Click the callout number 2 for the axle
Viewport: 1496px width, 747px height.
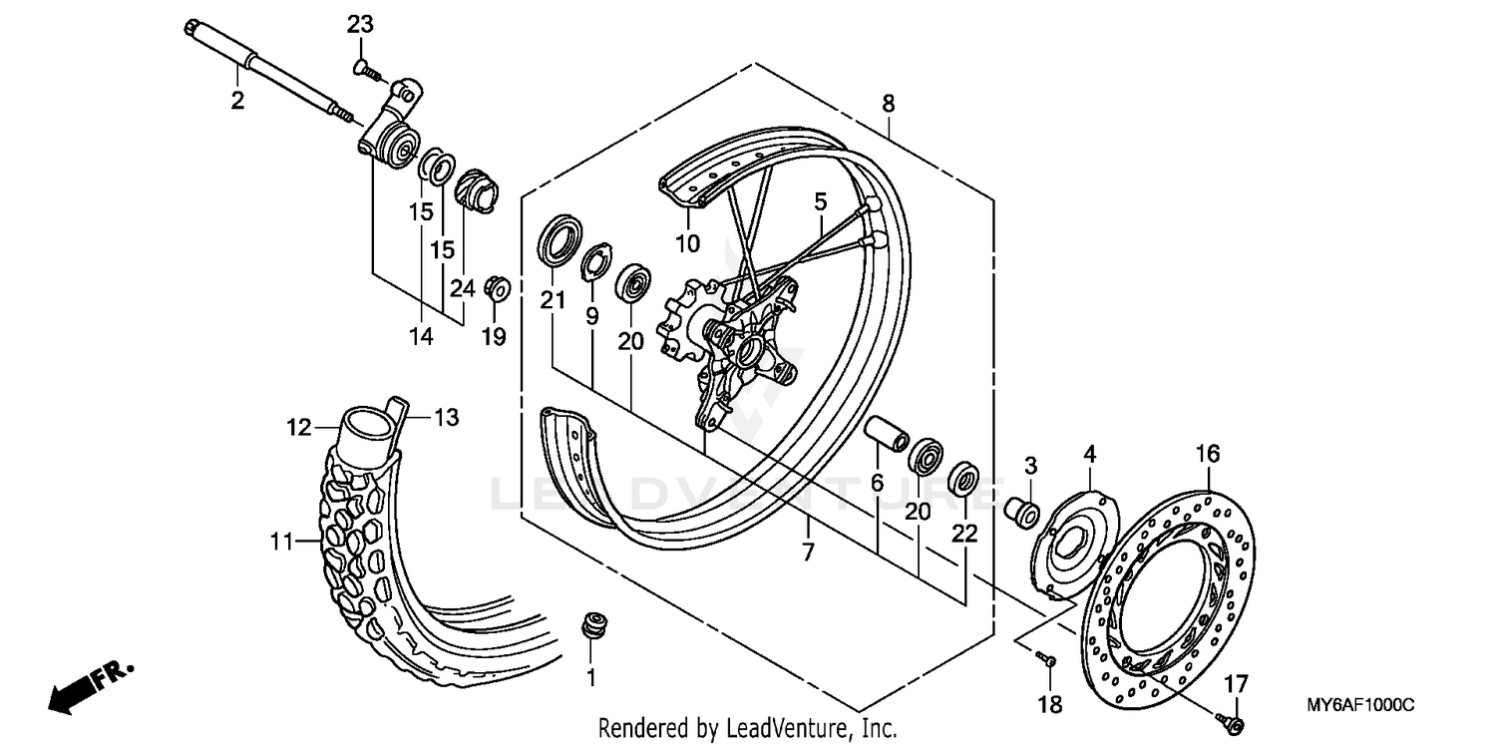237,101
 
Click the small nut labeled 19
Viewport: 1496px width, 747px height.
497,288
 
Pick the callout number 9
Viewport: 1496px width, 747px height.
591,316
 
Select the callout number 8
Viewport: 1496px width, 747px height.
888,103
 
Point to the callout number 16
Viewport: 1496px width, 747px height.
1207,455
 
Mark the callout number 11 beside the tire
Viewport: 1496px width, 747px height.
282,543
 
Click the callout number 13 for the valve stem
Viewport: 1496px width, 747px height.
446,418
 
